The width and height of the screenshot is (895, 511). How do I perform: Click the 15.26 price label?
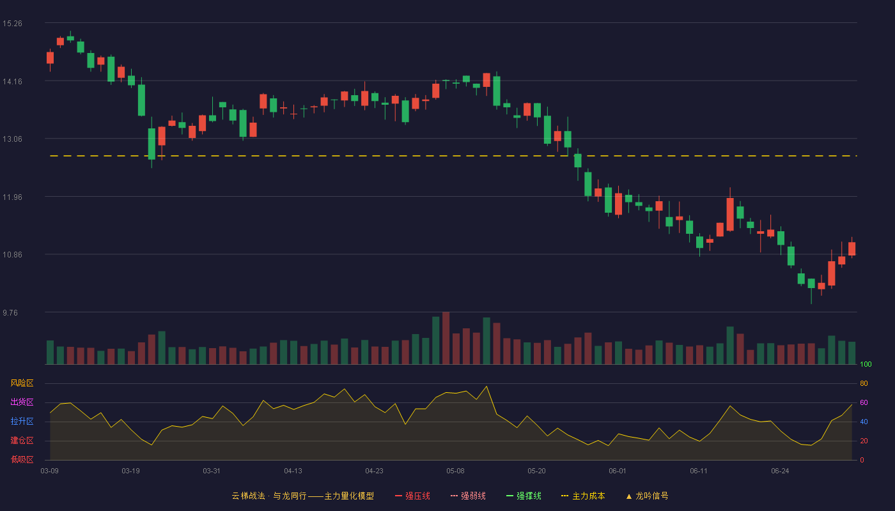tap(12, 24)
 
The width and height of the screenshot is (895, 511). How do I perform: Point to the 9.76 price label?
tap(10, 312)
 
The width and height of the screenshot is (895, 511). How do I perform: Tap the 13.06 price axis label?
tap(12, 139)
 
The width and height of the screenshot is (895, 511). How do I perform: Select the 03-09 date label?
tap(50, 471)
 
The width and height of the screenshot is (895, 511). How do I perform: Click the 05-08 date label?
tap(455, 471)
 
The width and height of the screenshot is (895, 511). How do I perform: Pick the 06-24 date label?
tap(781, 471)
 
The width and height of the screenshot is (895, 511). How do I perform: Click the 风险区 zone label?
tap(22, 383)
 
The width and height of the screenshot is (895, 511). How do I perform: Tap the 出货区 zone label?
tap(22, 402)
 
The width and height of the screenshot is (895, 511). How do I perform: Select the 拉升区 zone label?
tap(22, 421)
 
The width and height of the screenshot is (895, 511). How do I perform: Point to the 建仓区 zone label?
tap(22, 440)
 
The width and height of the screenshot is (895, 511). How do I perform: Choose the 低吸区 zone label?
tap(22, 459)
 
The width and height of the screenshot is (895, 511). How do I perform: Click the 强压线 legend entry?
tap(412, 496)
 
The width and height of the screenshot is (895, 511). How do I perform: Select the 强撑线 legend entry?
tap(524, 496)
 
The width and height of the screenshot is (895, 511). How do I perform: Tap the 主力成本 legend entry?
tap(583, 496)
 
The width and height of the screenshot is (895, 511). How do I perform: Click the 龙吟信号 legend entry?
tap(647, 496)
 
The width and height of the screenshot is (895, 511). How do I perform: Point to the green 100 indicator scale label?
tap(866, 364)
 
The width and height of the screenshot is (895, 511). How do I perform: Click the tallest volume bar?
tap(446, 338)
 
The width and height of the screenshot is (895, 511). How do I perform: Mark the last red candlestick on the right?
tap(852, 248)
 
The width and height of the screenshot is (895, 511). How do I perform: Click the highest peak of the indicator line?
tap(486, 386)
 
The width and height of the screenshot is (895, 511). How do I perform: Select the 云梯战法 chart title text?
tap(248, 496)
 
